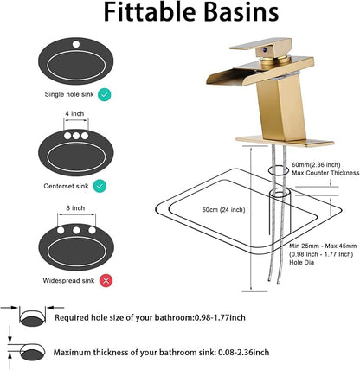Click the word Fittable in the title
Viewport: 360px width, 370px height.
[x=148, y=12]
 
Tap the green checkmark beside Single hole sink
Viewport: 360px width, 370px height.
[x=104, y=95]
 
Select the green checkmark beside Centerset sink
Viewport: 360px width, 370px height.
[x=100, y=186]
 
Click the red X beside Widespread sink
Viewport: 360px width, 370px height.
[x=106, y=280]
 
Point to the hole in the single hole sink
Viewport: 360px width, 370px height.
[x=76, y=44]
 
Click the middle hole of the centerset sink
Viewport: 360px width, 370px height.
[x=76, y=136]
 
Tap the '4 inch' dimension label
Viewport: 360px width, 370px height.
[x=74, y=113]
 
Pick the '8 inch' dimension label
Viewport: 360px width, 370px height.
[x=75, y=208]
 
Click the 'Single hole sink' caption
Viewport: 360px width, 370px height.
[x=69, y=94]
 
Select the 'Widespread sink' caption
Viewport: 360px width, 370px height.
[x=68, y=280]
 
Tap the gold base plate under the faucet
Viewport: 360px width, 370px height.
[x=285, y=141]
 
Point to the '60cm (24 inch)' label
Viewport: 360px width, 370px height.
[x=223, y=210]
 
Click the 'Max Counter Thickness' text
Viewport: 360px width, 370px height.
[x=325, y=173]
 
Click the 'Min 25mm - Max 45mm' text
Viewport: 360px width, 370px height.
[x=323, y=246]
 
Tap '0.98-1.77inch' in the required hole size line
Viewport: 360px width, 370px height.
[x=220, y=317]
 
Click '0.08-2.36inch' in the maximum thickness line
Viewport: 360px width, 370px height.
[x=243, y=352]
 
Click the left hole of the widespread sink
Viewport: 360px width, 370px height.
[x=61, y=230]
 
